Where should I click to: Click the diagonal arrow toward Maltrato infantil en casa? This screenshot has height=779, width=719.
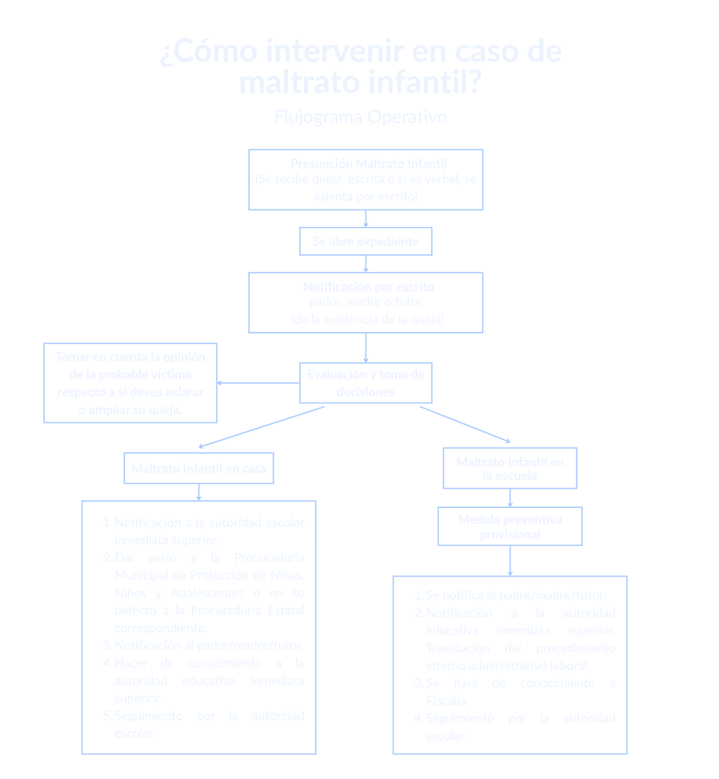(x=259, y=426)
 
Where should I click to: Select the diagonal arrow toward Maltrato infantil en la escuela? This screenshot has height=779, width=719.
(x=465, y=424)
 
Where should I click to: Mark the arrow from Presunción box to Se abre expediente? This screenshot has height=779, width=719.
(x=366, y=219)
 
